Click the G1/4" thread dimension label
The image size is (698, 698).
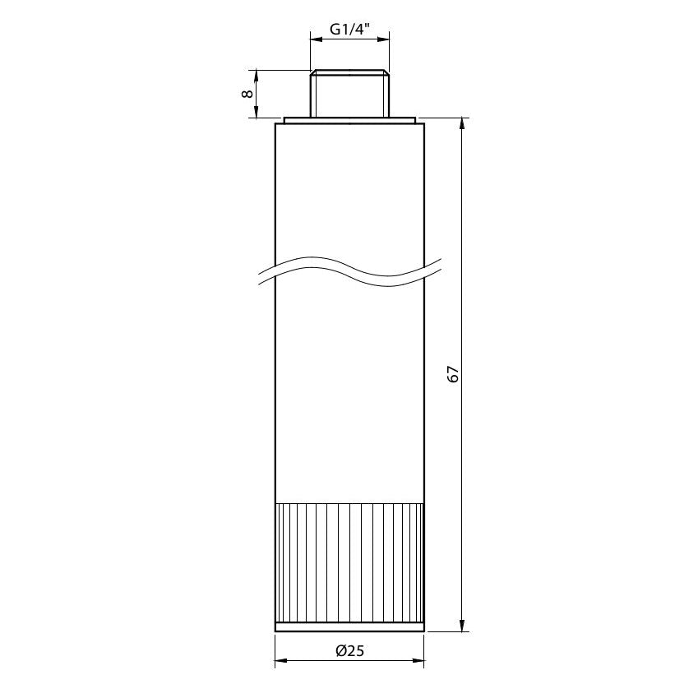pyautogui.click(x=350, y=30)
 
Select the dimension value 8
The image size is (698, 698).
pyautogui.click(x=246, y=94)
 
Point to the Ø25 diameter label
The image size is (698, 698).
pyautogui.click(x=349, y=650)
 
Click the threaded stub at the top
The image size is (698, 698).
pyautogui.click(x=349, y=94)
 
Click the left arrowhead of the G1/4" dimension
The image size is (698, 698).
pyautogui.click(x=315, y=38)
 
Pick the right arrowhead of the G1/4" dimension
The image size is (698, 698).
pyautogui.click(x=384, y=38)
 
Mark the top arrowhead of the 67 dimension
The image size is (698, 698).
pyautogui.click(x=463, y=124)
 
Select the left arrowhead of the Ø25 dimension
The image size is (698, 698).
pyautogui.click(x=280, y=660)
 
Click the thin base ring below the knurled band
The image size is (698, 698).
pyautogui.click(x=349, y=627)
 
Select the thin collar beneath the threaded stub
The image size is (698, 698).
pyautogui.click(x=349, y=121)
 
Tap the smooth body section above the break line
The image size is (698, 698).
pyautogui.click(x=349, y=189)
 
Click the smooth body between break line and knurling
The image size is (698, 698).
pyautogui.click(x=349, y=395)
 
